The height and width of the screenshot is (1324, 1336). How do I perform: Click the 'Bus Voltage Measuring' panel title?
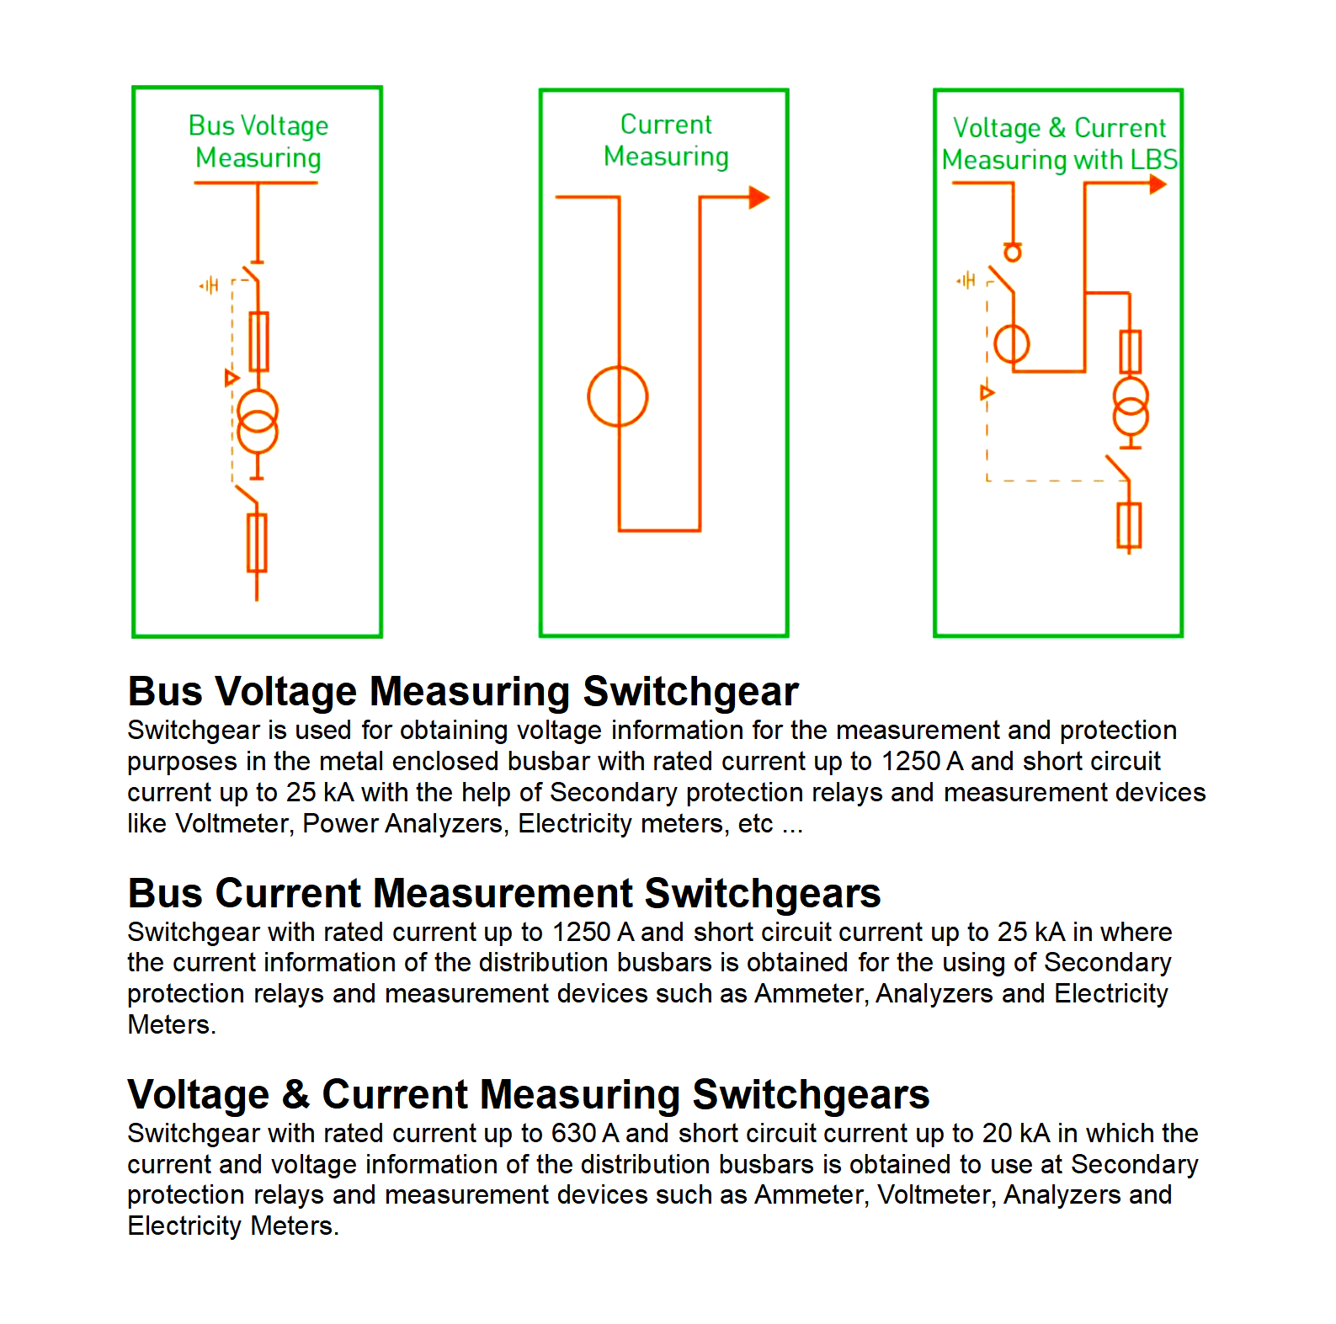click(x=258, y=141)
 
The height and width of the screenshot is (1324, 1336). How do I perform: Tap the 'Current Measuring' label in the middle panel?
click(x=666, y=141)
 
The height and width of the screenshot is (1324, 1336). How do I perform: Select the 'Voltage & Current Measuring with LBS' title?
click(x=1059, y=144)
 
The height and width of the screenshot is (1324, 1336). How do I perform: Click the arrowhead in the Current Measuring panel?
click(x=758, y=197)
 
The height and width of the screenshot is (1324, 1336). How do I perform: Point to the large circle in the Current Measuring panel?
click(x=618, y=396)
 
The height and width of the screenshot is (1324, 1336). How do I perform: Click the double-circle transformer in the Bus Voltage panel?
click(x=258, y=422)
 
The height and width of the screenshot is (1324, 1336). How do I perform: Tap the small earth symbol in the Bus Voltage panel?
click(x=209, y=285)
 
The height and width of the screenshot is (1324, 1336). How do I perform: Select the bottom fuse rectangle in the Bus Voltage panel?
click(x=257, y=543)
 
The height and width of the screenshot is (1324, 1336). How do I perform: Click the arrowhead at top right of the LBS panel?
click(x=1158, y=184)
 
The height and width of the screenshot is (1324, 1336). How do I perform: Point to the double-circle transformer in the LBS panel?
click(x=1131, y=406)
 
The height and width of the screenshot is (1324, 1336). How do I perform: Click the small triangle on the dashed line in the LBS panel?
click(x=987, y=392)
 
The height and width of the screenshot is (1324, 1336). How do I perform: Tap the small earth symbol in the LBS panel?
click(x=966, y=279)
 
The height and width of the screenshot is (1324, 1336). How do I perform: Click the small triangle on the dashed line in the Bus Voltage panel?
click(x=232, y=378)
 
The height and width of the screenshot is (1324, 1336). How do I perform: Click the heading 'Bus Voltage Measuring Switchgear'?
click(x=463, y=692)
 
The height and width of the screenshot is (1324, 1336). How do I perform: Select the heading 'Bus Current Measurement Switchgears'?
click(x=504, y=893)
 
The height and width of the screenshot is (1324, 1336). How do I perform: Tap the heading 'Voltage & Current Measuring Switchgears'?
click(x=529, y=1094)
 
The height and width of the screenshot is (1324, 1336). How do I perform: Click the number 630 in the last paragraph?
click(x=574, y=1134)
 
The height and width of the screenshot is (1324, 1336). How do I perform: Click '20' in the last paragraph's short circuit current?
click(x=998, y=1134)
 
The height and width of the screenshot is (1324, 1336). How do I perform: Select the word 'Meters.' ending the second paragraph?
click(x=172, y=1025)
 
